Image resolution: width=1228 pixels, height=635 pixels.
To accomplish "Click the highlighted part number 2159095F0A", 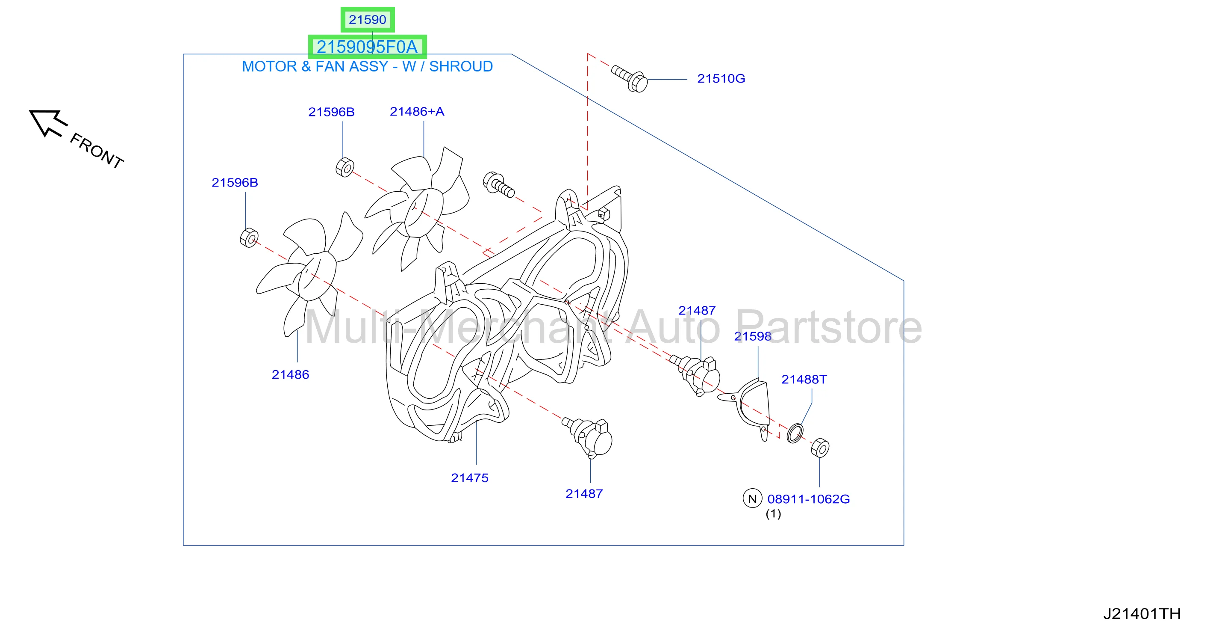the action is pos(367,47).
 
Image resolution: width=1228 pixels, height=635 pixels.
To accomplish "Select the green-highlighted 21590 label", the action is pos(367,20).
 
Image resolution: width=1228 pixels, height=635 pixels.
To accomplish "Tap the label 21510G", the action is pos(721,79).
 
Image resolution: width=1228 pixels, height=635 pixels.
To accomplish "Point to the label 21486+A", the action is pos(417,112).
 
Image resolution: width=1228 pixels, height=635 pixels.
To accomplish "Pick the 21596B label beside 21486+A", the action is pos(331,112).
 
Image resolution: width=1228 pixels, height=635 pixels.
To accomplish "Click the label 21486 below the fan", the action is pos(290,374).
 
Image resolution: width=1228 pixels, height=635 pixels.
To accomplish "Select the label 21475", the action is pos(470,478).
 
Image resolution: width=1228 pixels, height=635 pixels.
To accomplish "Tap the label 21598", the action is pos(752,336).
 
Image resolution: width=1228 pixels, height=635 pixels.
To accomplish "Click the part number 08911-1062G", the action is pos(809,499).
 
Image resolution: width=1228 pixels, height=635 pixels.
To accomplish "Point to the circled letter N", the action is pos(752,499).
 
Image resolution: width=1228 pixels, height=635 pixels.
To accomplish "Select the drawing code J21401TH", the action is pos(1142,614).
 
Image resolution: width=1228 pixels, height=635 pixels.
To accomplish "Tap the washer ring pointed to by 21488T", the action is pos(795,433).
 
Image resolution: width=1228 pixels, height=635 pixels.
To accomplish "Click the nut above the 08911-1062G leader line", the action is pos(820,448).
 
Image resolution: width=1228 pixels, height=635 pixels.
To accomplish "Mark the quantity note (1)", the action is pos(773,514).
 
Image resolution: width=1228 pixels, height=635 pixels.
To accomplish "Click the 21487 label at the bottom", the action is pos(584,494).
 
